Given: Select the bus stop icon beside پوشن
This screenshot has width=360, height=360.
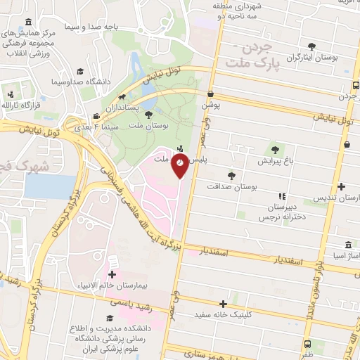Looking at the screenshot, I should pos(210,93).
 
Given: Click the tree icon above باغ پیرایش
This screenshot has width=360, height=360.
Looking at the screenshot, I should pos(274,149).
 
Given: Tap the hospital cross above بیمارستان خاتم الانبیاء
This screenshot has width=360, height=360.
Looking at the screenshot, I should pos(112,274).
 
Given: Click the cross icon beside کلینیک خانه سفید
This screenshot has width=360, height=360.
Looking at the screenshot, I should pos(224,304).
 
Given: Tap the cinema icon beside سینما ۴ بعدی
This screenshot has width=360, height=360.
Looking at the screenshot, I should pos(96,117).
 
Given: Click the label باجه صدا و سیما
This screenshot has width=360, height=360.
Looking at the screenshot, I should pos(91,27).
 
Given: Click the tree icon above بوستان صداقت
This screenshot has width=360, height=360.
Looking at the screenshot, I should pos(231,175).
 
